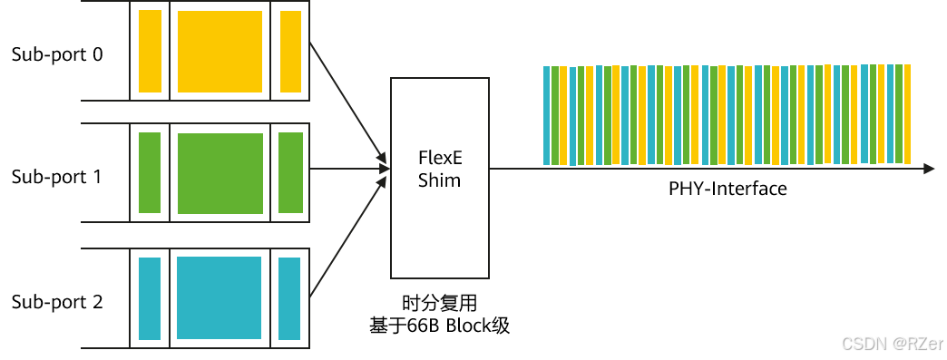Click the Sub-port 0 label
tap(57, 55)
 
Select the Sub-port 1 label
tap(57, 178)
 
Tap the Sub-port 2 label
tap(57, 302)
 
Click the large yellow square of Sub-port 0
tap(220, 52)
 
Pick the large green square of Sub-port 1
tap(220, 173)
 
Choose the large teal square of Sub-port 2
tap(220, 297)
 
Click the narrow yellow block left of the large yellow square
tap(151, 52)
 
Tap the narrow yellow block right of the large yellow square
tap(290, 52)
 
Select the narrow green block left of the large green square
tap(150, 173)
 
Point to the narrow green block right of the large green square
tap(290, 173)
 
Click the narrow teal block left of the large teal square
tap(150, 298)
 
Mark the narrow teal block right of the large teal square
tap(289, 298)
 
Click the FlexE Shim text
tap(440, 169)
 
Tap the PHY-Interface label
tap(727, 189)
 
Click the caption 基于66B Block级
tap(440, 326)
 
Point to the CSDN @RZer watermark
tap(892, 344)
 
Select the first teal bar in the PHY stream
tap(547, 115)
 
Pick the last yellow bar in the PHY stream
tap(907, 113)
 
